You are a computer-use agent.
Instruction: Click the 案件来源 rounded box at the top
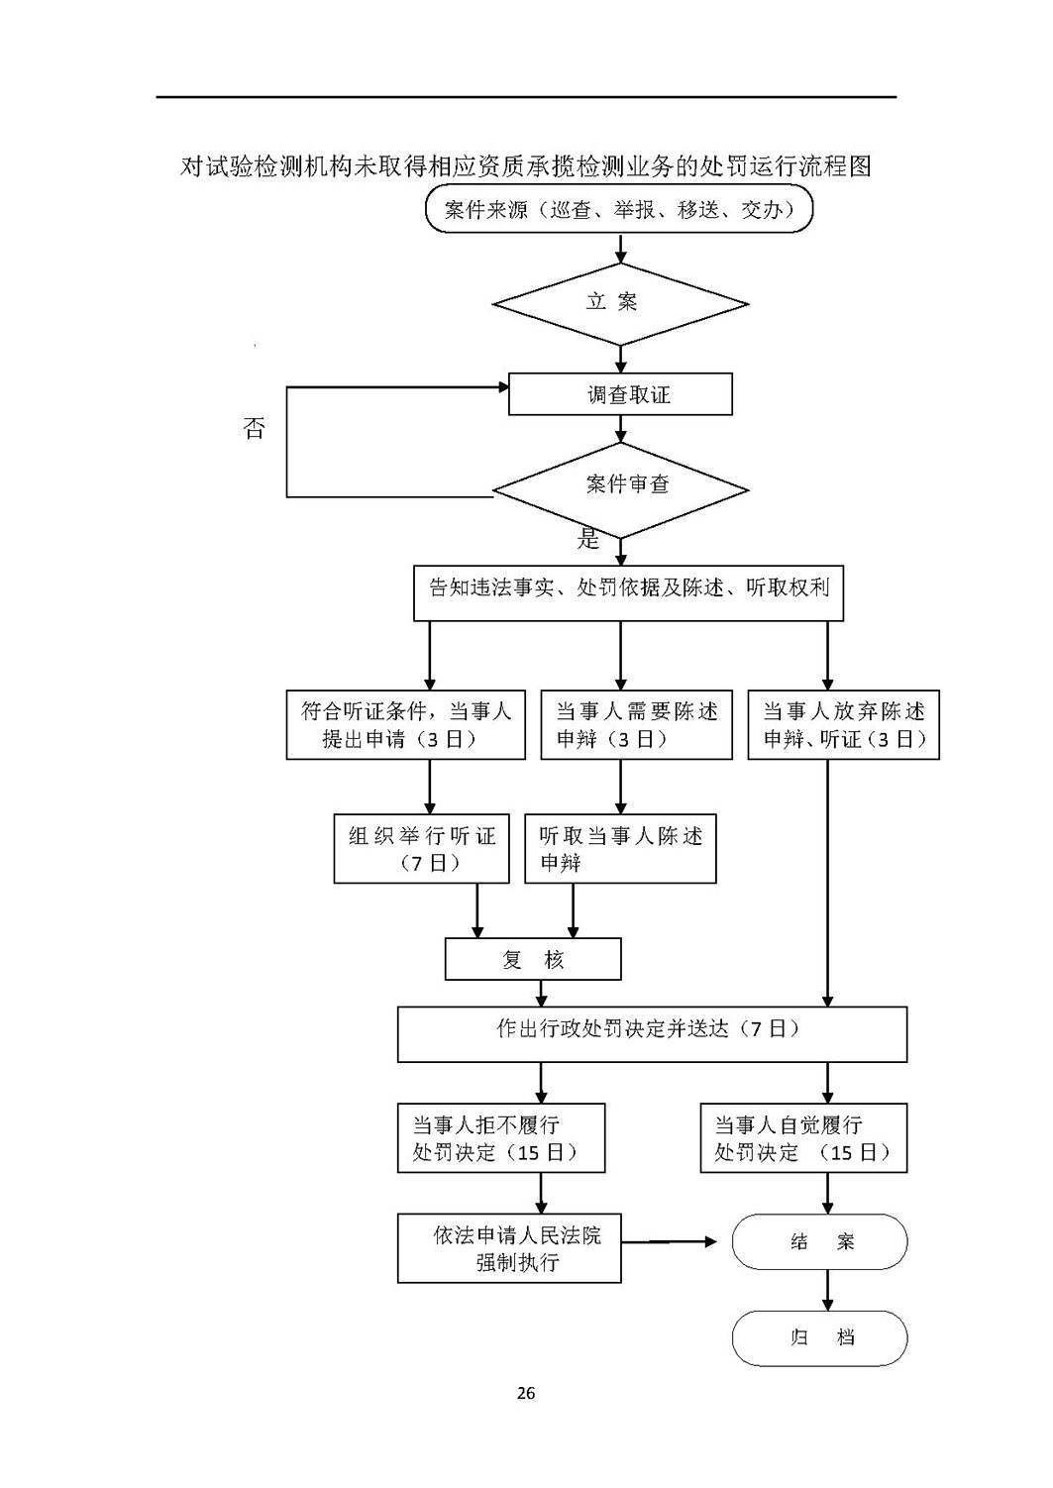click(x=618, y=209)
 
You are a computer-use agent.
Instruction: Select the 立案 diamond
click(x=620, y=304)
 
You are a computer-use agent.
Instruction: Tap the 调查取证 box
click(x=620, y=394)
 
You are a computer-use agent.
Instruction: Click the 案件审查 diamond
click(x=620, y=490)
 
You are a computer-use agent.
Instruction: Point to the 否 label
click(x=254, y=427)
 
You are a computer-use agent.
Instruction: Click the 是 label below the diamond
click(x=588, y=538)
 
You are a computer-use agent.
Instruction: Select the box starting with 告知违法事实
click(x=628, y=593)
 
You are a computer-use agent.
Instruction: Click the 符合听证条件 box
click(x=406, y=725)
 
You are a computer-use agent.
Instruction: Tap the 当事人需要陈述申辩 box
click(x=636, y=725)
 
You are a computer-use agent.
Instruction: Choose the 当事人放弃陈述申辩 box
click(x=844, y=725)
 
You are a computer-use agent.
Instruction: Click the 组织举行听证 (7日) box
click(x=421, y=848)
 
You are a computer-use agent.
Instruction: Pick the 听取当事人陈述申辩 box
click(x=620, y=848)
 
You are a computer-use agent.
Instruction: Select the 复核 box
click(x=533, y=959)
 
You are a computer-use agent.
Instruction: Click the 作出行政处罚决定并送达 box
click(x=653, y=1034)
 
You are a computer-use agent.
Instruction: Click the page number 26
click(x=525, y=1393)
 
